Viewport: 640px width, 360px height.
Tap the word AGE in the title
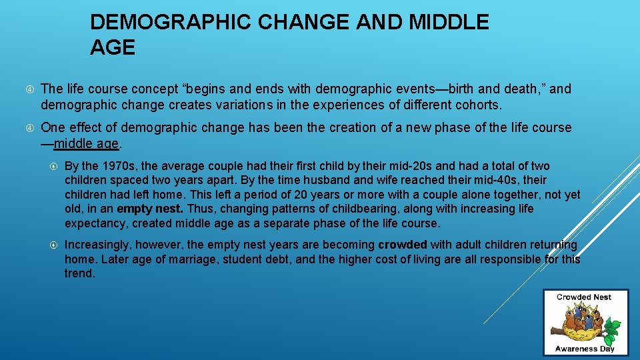(113, 48)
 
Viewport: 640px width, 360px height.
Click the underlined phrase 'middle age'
(86, 143)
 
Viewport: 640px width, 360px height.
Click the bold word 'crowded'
(403, 245)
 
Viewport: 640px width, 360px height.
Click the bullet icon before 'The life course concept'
(26, 89)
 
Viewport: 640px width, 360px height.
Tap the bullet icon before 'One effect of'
(26, 128)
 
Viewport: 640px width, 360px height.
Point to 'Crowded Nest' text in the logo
(585, 297)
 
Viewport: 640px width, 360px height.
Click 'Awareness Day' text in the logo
(585, 348)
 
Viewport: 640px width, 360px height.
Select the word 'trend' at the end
(79, 273)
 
